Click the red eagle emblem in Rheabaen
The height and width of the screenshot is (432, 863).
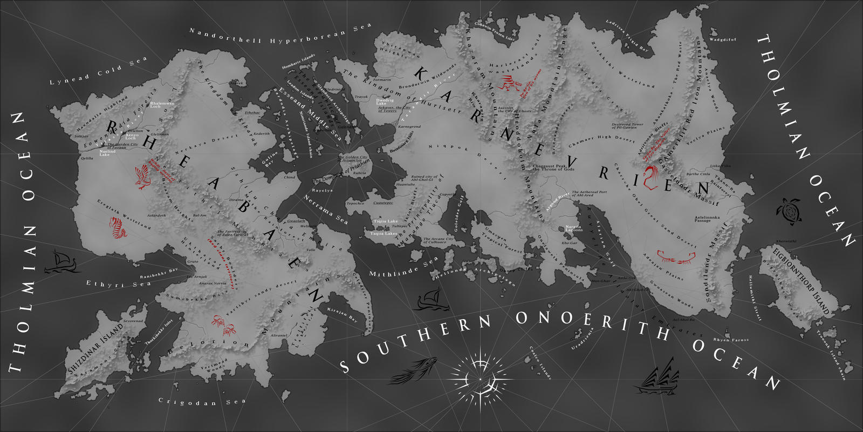[x=143, y=177]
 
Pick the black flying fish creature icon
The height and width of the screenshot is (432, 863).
[x=409, y=372]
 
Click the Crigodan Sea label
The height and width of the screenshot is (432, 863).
[x=202, y=402]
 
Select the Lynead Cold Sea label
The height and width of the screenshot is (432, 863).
[x=98, y=71]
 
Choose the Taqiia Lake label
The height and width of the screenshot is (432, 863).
[x=386, y=221]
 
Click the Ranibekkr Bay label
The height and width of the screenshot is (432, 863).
[x=159, y=273]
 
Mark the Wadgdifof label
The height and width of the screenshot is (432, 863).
[x=723, y=39]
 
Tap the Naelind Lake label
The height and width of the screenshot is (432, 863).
[x=107, y=153]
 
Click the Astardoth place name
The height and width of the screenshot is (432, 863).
[x=156, y=215]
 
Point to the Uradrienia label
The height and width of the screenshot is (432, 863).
[x=582, y=339]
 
